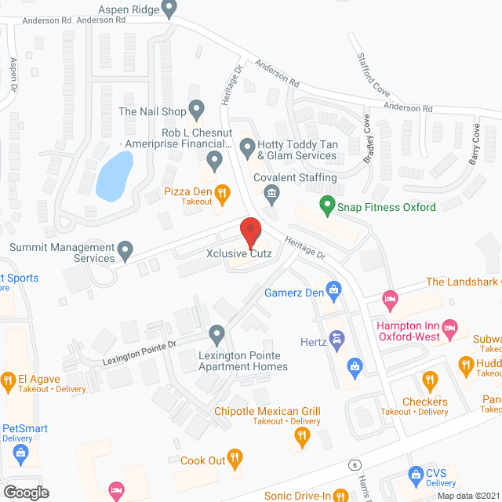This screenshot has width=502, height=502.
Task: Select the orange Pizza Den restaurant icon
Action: coord(222,191)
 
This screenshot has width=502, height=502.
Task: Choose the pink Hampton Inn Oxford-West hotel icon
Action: coord(449,327)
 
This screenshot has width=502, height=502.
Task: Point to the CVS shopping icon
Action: coord(417,473)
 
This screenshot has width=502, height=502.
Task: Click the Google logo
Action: coord(25,492)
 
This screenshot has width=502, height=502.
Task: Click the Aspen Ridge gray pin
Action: coord(169,9)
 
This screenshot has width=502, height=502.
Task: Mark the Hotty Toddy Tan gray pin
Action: coord(248,145)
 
